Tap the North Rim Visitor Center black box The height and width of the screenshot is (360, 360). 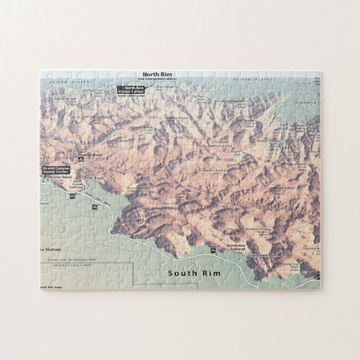click(134, 89)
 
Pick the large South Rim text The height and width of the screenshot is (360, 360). click(195, 273)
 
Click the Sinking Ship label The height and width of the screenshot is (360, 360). click(290, 264)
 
